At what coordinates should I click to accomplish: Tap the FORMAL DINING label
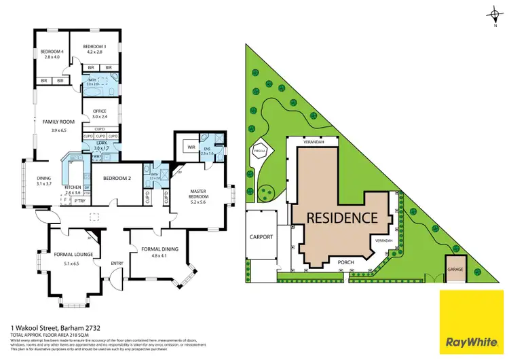[160, 249]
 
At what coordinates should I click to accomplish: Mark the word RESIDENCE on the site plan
[343, 218]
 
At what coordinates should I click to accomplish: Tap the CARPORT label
[261, 237]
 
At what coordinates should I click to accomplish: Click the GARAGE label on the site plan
[454, 269]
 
